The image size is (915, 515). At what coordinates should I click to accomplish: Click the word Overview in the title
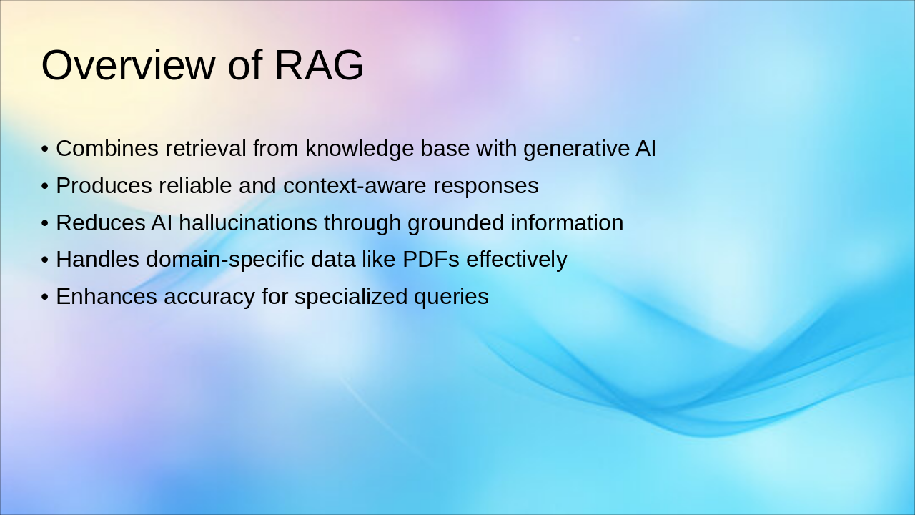(x=128, y=65)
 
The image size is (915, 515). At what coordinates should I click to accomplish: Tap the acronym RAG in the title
(x=319, y=65)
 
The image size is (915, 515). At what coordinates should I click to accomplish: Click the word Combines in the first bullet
(x=107, y=148)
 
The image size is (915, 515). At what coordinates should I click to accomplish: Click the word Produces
(x=104, y=185)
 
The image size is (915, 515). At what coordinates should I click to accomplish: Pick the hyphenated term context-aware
(x=355, y=186)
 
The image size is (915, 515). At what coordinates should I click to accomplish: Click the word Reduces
(x=101, y=222)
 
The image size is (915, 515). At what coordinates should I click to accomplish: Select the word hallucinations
(x=248, y=222)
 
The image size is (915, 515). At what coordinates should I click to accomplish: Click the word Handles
(x=97, y=259)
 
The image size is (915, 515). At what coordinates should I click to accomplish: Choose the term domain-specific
(x=225, y=260)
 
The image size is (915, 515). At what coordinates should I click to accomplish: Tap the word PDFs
(x=431, y=259)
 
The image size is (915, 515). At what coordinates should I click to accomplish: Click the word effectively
(x=517, y=260)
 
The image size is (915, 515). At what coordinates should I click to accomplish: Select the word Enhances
(x=107, y=296)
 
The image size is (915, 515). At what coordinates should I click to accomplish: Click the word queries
(x=451, y=298)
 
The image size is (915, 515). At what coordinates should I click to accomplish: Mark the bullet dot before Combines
(x=45, y=149)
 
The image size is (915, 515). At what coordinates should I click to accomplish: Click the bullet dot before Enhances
(x=45, y=297)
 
